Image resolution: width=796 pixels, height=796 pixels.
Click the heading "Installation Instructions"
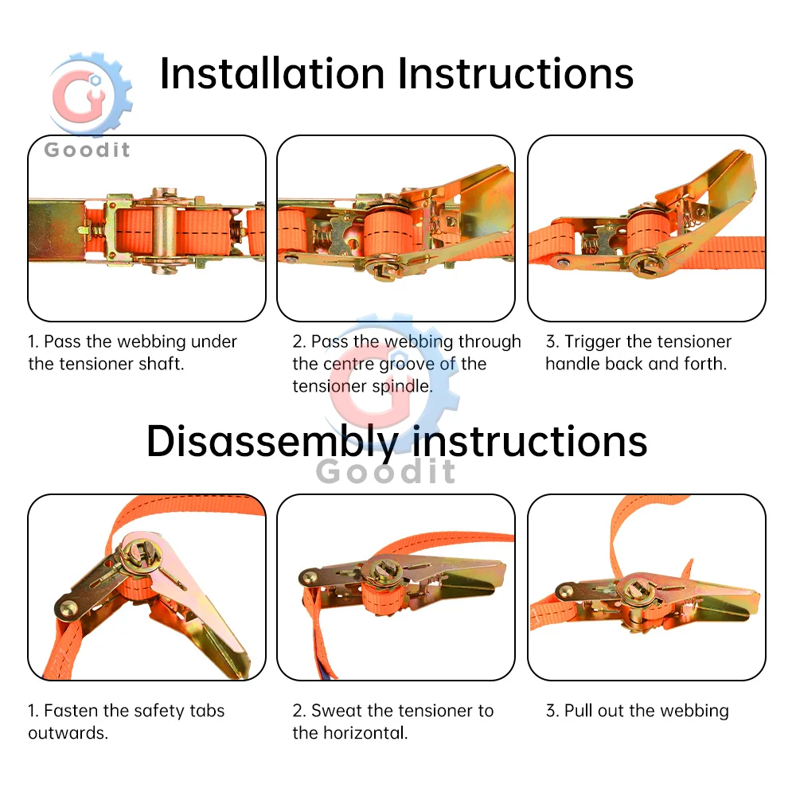(396, 73)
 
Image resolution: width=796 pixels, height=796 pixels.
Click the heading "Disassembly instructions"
(396, 442)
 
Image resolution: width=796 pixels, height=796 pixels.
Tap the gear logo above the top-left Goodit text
(92, 94)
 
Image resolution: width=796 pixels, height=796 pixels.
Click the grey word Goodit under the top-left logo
(87, 150)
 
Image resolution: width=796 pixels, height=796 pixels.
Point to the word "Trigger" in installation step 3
(593, 342)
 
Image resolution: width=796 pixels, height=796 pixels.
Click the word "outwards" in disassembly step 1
(67, 733)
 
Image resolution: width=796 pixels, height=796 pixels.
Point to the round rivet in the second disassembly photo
(308, 576)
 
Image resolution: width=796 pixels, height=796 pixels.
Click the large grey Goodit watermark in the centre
(386, 471)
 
